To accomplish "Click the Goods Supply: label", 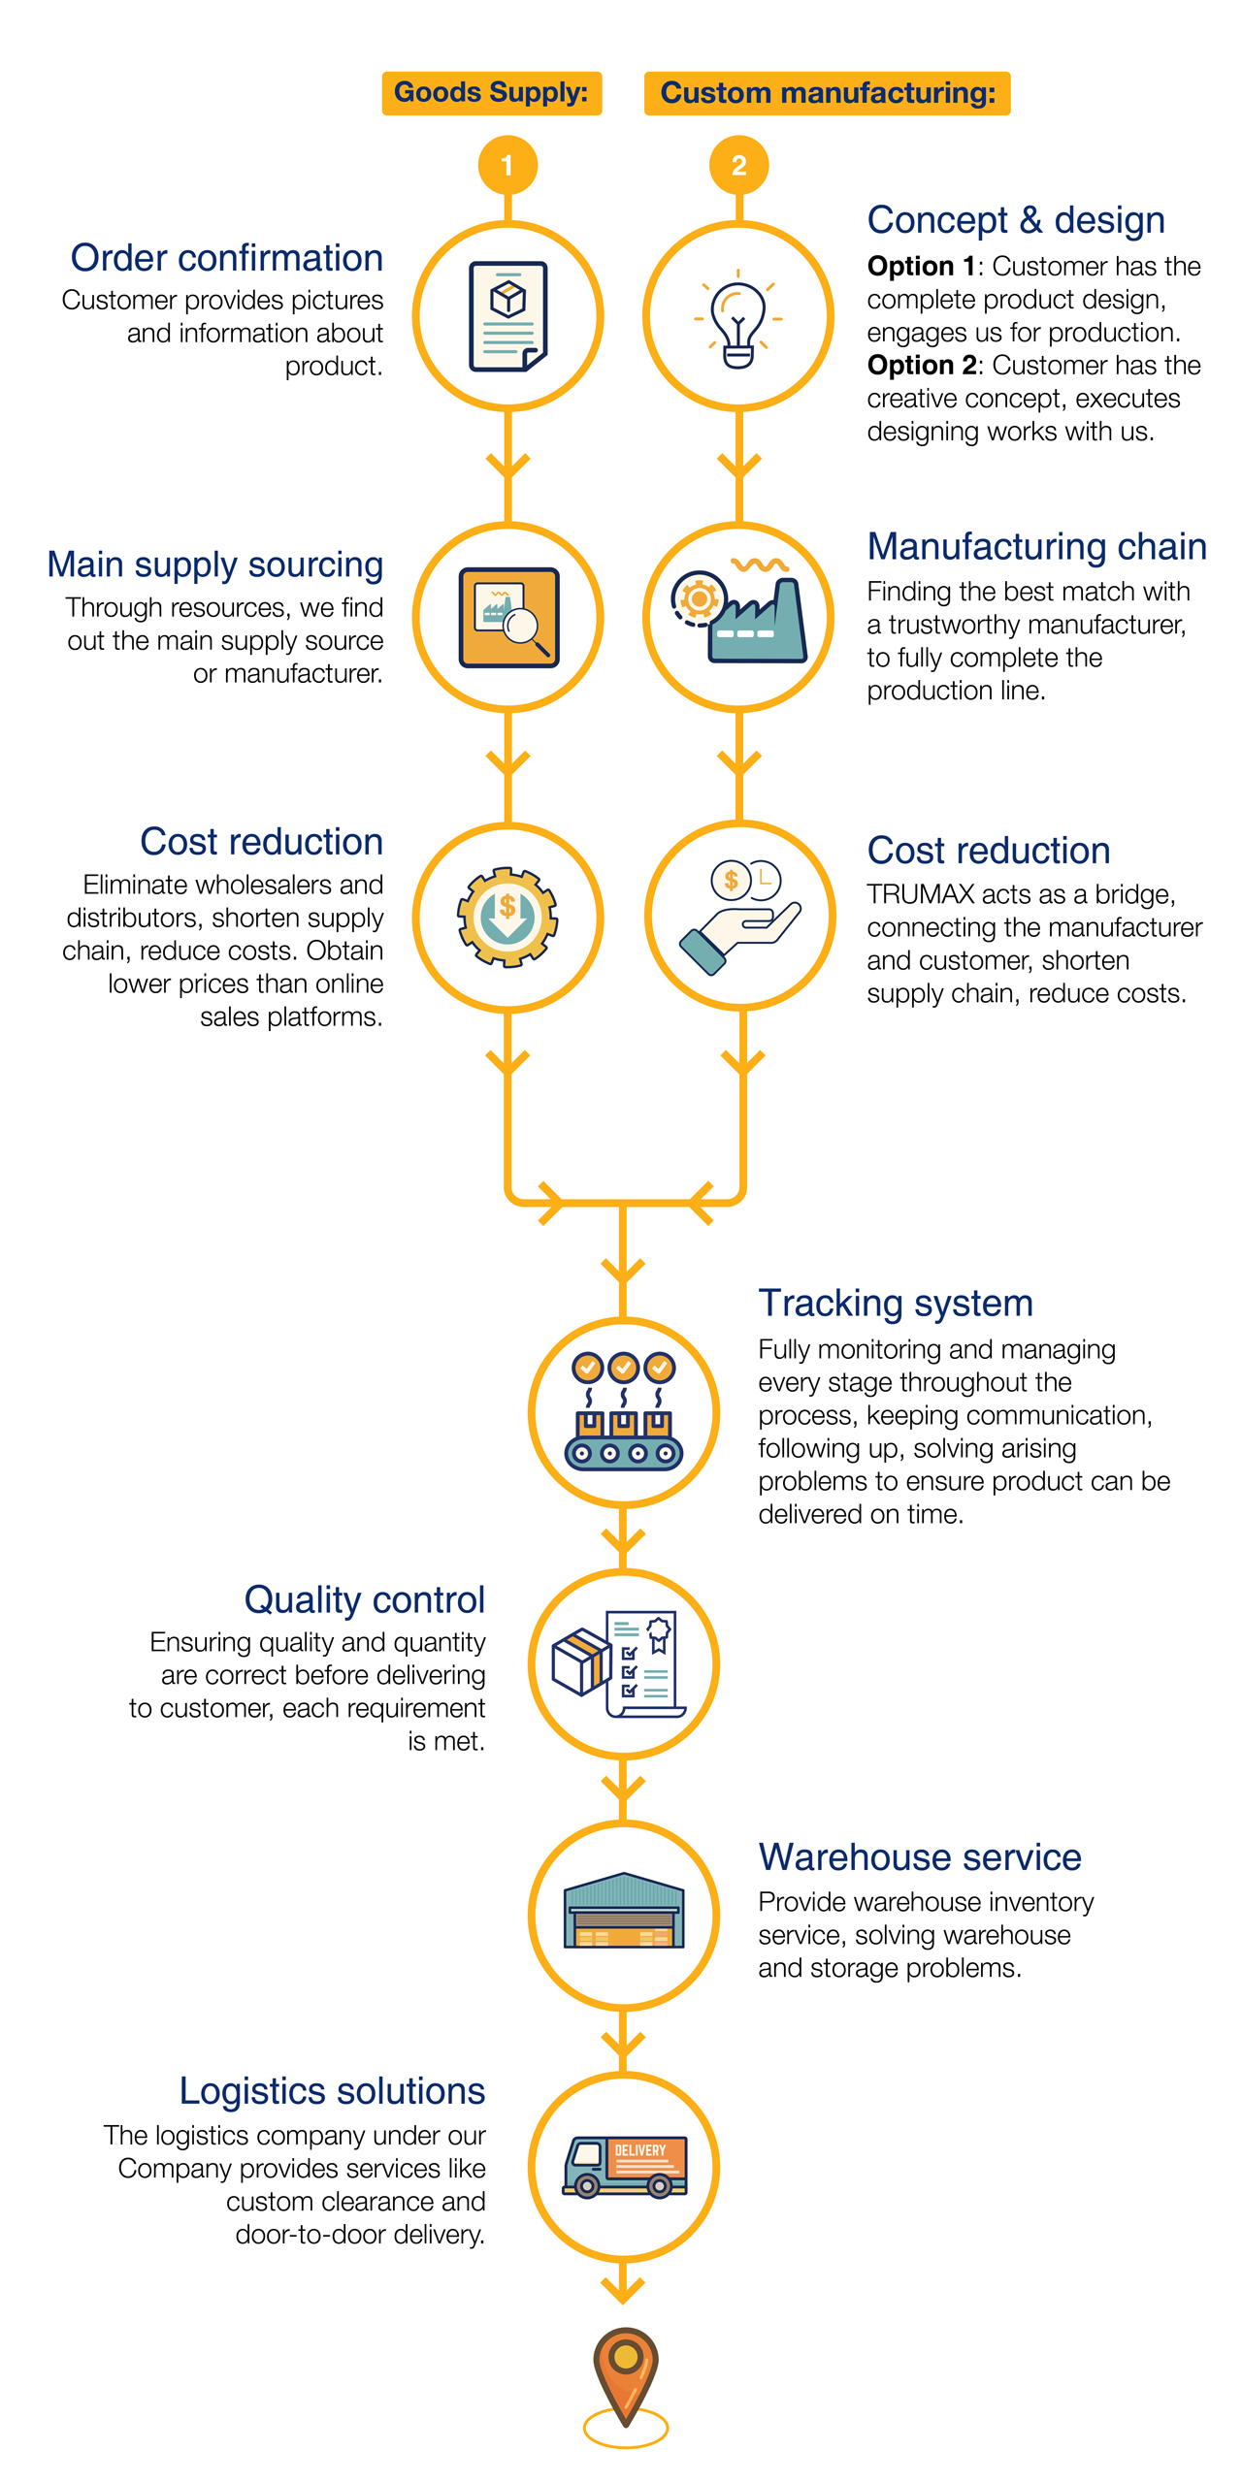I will [x=491, y=93].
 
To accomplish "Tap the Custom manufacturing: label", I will [x=827, y=93].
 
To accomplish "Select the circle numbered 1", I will [x=507, y=166].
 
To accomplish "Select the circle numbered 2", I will [x=738, y=166].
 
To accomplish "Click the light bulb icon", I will [x=737, y=319].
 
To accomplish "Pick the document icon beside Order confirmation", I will [x=507, y=316].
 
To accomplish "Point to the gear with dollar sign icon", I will [x=507, y=917].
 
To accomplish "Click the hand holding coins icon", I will [x=741, y=917].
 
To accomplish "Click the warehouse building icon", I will [x=624, y=1912].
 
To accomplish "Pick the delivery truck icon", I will [x=625, y=2166].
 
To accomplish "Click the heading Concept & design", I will [x=1015, y=220].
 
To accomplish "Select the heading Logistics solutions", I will [x=332, y=2091].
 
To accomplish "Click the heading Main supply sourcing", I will [x=215, y=564].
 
